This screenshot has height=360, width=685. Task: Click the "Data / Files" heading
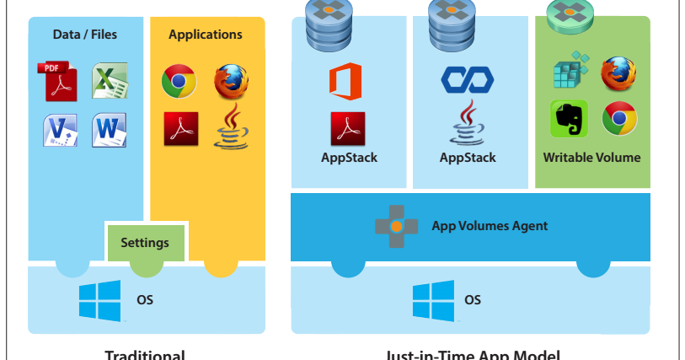(x=85, y=35)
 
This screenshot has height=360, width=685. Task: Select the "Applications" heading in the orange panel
(x=205, y=35)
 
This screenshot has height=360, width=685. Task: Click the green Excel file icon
(x=109, y=81)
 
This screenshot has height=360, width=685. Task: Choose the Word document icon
(x=109, y=130)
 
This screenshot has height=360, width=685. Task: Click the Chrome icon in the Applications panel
(x=179, y=82)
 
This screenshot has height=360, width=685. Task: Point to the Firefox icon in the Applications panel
(x=230, y=82)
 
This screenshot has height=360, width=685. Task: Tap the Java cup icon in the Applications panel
(x=230, y=129)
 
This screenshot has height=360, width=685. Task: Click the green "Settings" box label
(x=145, y=243)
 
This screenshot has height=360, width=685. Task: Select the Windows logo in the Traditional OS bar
(x=99, y=301)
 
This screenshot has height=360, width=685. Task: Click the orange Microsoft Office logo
(x=345, y=82)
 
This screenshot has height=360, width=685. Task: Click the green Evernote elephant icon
(x=569, y=120)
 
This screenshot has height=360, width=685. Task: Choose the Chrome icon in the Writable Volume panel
(x=618, y=119)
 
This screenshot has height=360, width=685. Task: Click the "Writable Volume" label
(x=591, y=158)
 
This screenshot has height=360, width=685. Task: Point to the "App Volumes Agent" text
(x=490, y=225)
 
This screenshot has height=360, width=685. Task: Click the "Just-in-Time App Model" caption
(x=472, y=354)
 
